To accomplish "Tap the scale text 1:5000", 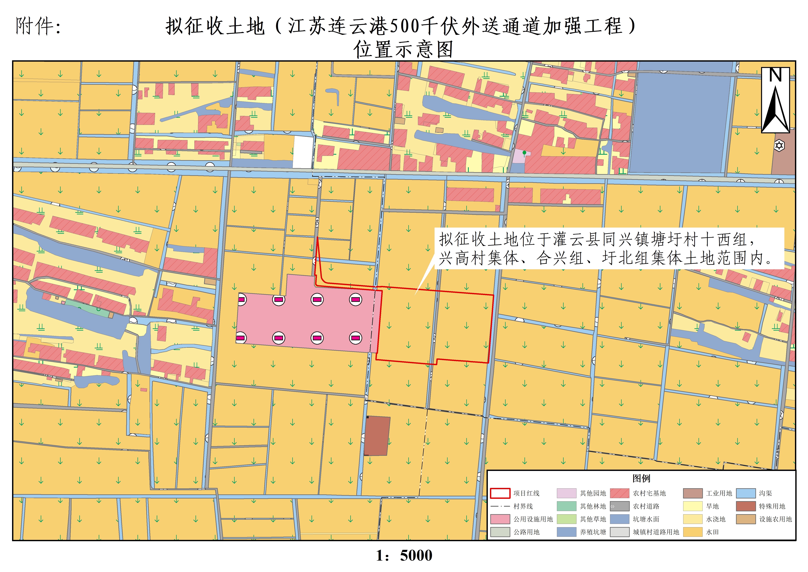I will click(404, 555).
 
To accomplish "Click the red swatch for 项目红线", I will click(500, 493).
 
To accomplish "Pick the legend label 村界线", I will click(523, 506).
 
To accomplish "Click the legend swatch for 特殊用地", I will click(746, 506).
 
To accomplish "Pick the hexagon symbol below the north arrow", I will click(779, 145).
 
